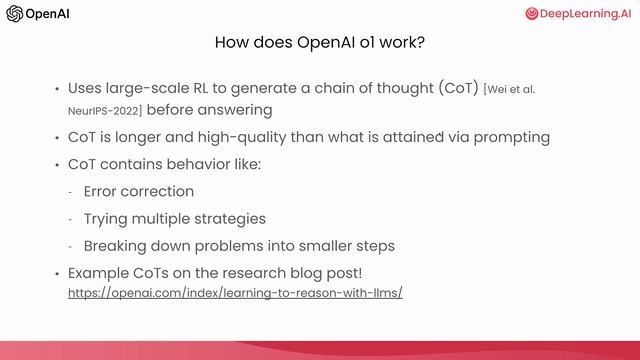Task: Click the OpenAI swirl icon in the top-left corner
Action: pyautogui.click(x=15, y=14)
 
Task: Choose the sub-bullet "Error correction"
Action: pyautogui.click(x=138, y=191)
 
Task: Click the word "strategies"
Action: pyautogui.click(x=231, y=218)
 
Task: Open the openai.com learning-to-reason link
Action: pyautogui.click(x=235, y=294)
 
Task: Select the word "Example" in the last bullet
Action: pyautogui.click(x=98, y=272)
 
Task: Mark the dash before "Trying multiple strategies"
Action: pyautogui.click(x=70, y=218)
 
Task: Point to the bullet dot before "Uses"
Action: pyautogui.click(x=57, y=89)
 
